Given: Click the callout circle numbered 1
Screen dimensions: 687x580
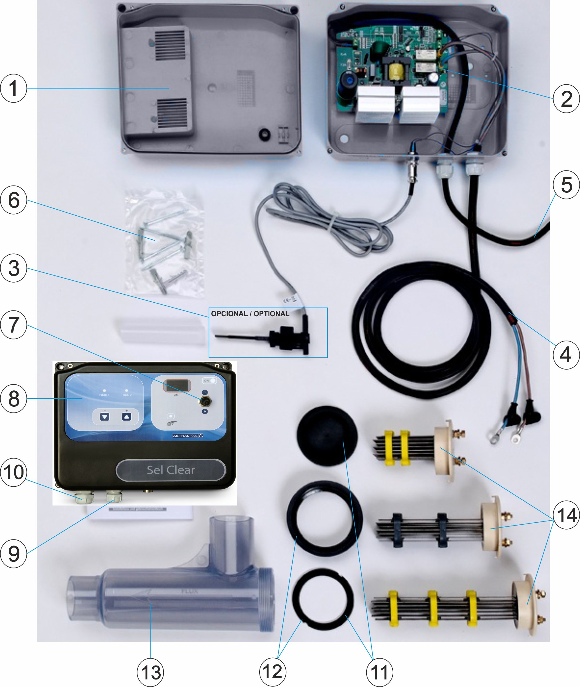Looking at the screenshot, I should tap(13, 88).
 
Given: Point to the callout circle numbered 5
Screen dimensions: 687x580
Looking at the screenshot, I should tap(566, 185).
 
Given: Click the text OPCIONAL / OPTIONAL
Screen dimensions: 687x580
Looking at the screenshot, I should tap(250, 314).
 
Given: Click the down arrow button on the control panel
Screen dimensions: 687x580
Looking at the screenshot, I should tap(105, 417).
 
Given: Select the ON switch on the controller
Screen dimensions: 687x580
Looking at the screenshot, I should tap(209, 381).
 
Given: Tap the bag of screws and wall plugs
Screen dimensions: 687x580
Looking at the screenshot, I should tap(163, 243).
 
